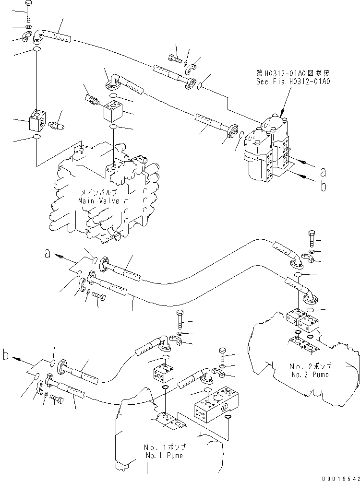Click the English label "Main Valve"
click(99, 201)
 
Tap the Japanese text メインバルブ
click(99, 193)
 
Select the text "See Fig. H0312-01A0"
click(293, 82)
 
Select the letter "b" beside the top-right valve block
click(323, 186)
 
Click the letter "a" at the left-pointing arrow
click(48, 255)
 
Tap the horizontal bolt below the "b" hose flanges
click(56, 399)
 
